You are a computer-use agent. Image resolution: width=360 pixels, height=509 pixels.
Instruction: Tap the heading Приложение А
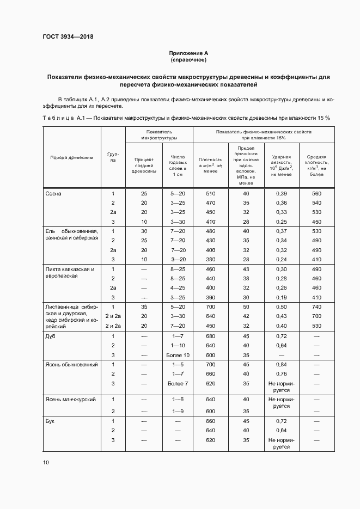coord(188,53)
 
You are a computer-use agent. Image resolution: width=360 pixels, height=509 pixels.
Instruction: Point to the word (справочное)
coord(188,60)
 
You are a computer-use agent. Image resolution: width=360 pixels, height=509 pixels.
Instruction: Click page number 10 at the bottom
coord(46,463)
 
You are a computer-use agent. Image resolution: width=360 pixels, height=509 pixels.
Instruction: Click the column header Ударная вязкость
coord(281,165)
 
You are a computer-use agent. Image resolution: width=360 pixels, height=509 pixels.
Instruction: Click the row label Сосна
coord(53,194)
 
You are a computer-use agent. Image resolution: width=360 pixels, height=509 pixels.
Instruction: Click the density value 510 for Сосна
coord(211,194)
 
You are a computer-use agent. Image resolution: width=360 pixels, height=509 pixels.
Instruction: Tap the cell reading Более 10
coord(178,355)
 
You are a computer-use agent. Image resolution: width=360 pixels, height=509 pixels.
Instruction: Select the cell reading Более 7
coord(178,383)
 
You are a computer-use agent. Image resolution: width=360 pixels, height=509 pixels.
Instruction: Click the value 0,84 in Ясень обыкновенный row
coord(281,364)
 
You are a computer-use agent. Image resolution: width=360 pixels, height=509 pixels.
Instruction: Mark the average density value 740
coord(316,307)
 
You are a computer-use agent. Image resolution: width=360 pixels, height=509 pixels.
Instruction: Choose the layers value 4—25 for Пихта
coord(178,288)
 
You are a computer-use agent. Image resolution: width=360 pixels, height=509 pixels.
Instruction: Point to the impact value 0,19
coord(281,297)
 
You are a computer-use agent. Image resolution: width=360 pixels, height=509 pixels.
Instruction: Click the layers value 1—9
coord(178,412)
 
